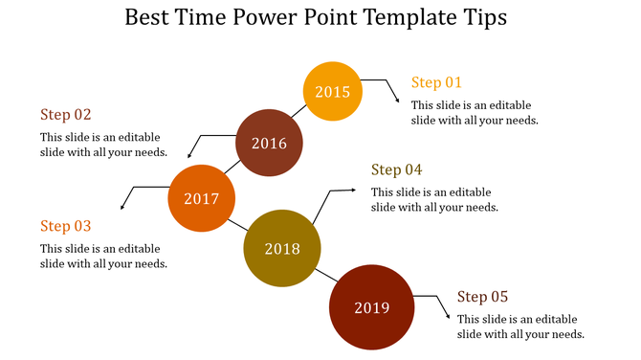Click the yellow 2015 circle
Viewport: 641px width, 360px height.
pos(333,92)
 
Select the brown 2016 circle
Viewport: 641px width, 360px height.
pos(269,144)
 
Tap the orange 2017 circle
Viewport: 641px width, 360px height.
pos(202,199)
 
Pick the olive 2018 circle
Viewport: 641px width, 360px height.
pos(281,249)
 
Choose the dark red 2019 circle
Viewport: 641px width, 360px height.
pos(371,307)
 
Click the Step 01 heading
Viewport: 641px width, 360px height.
pos(436,82)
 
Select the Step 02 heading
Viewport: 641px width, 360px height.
pos(66,115)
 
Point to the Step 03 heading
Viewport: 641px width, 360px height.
pos(66,227)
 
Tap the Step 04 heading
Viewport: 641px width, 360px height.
pos(396,170)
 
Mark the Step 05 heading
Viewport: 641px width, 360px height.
pos(482,297)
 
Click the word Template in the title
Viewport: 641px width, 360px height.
pos(406,18)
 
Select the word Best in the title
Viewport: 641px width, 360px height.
pos(149,18)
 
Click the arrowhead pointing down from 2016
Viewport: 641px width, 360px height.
pos(188,155)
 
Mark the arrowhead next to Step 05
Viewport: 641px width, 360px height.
pos(448,320)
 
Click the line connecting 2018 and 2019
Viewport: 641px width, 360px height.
pos(322,277)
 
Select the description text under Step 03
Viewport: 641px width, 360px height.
pos(104,256)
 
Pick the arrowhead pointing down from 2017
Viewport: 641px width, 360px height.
pos(122,207)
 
